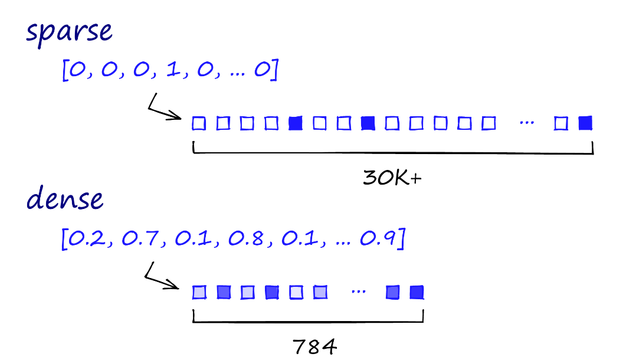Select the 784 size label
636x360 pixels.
315,346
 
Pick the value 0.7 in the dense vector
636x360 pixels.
139,240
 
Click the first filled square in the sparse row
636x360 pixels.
295,123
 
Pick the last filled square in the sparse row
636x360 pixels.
585,123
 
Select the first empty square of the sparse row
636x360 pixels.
199,123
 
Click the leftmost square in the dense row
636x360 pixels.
199,292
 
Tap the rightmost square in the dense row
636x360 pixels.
417,292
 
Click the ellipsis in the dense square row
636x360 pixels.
358,292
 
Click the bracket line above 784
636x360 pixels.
309,322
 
